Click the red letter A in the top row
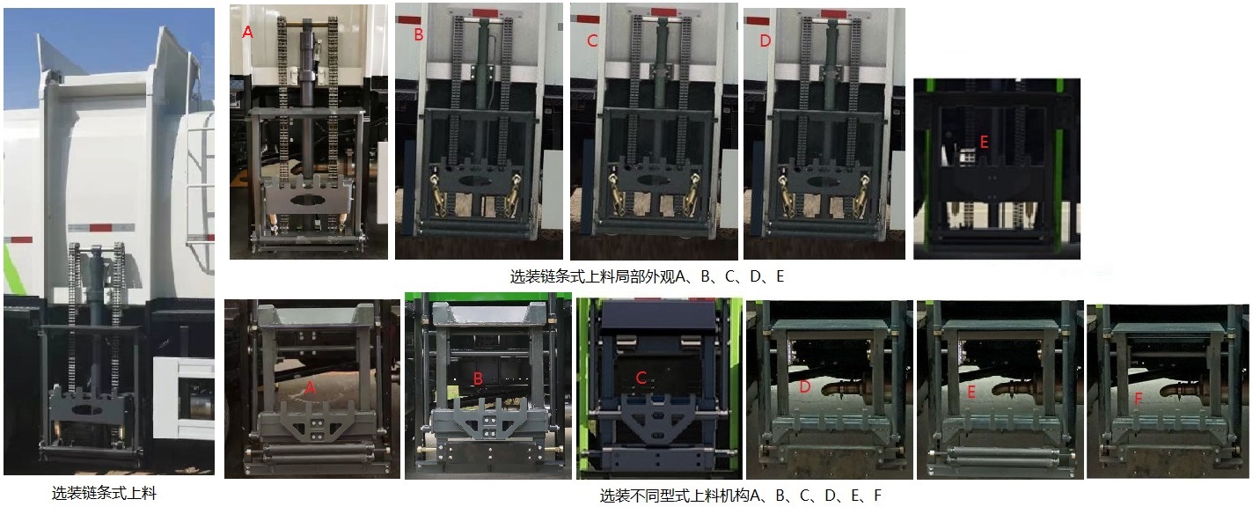point(247,33)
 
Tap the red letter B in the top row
point(419,35)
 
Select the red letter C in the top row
point(592,40)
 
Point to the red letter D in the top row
point(765,40)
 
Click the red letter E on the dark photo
point(984,138)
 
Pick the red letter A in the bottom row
point(310,387)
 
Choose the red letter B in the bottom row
point(478,379)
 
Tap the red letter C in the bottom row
point(641,378)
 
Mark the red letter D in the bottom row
point(804,385)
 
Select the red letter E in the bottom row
point(971,393)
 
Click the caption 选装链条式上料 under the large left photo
point(104,494)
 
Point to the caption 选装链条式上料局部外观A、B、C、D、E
point(647,276)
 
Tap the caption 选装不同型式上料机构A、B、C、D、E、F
point(741,496)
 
